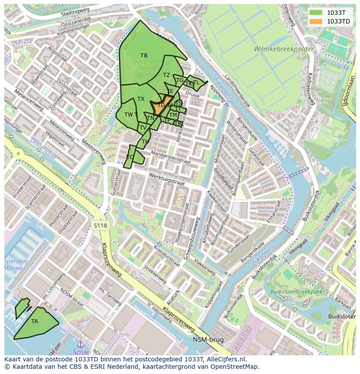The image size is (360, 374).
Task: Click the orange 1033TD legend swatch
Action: pyautogui.click(x=316, y=21)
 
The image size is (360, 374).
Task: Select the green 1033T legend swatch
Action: pyautogui.click(x=316, y=13)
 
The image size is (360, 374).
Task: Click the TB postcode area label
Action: pyautogui.click(x=144, y=56)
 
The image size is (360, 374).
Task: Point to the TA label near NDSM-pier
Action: pyautogui.click(x=35, y=321)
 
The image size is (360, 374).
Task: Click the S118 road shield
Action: pyautogui.click(x=100, y=225)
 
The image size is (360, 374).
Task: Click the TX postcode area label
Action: pyautogui.click(x=141, y=99)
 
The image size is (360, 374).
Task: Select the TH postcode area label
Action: pyautogui.click(x=145, y=142)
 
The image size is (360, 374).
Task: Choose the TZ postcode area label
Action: pyautogui.click(x=167, y=75)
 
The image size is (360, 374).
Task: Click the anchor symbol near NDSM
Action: pyautogui.click(x=80, y=345)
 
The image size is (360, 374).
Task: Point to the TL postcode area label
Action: pyautogui.click(x=196, y=83)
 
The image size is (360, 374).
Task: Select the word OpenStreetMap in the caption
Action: pyautogui.click(x=237, y=367)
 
